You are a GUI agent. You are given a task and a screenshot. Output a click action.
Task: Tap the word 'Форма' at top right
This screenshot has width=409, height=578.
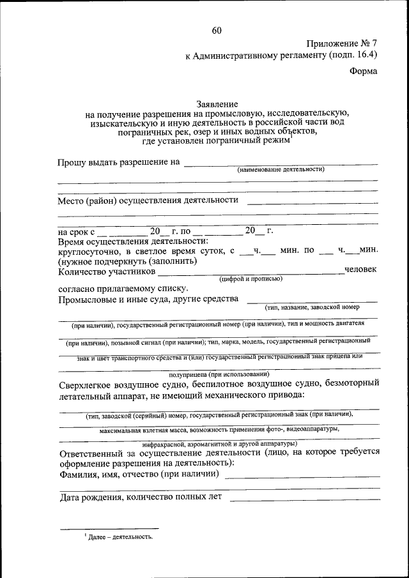pyautogui.click(x=363, y=71)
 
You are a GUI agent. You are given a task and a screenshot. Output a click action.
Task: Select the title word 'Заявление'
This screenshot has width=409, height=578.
pyautogui.click(x=217, y=103)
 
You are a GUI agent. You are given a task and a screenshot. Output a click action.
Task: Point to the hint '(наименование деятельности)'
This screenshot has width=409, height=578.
pyautogui.click(x=281, y=170)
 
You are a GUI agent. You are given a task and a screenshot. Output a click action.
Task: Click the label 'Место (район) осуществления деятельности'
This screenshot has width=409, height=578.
pyautogui.click(x=148, y=200)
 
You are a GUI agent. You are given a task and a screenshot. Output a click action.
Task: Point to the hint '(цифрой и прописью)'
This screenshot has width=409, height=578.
pyautogui.click(x=251, y=279)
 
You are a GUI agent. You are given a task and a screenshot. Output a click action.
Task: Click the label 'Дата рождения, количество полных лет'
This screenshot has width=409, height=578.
pyautogui.click(x=141, y=497)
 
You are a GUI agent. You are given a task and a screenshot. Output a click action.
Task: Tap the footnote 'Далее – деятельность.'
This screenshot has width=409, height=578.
pyautogui.click(x=119, y=537)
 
